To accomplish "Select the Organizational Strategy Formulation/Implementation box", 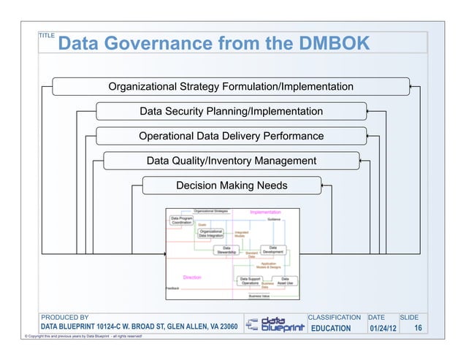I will [x=231, y=88].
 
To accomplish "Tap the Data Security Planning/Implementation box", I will [x=231, y=112].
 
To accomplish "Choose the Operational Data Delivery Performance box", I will [x=231, y=137].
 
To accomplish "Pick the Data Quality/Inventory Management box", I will [x=231, y=161].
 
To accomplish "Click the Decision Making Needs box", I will [x=232, y=185].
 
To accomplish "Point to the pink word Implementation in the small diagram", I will [x=264, y=212].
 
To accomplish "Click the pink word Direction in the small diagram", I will [x=192, y=277].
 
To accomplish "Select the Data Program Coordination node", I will [x=182, y=220].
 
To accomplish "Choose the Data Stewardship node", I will [x=226, y=250].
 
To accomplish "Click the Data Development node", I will [x=273, y=250].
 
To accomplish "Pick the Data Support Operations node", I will [x=250, y=280].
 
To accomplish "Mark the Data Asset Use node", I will [x=286, y=280].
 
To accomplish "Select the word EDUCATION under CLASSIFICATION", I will [x=331, y=329].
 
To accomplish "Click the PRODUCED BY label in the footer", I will [x=64, y=317].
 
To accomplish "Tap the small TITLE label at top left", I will [x=47, y=35].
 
